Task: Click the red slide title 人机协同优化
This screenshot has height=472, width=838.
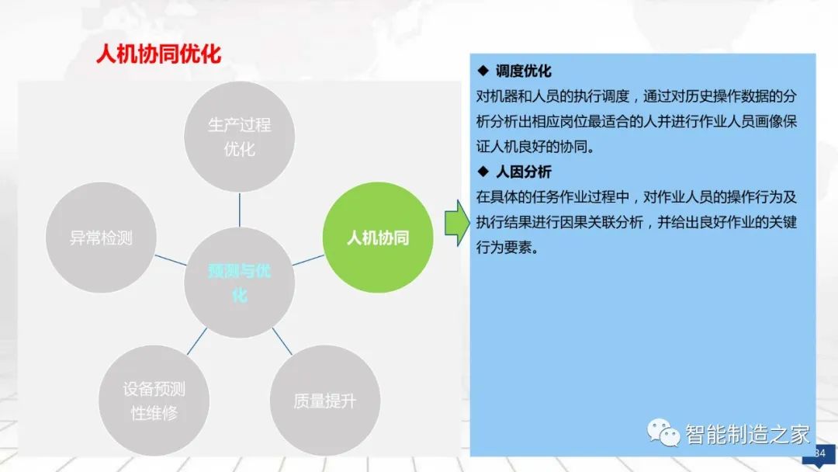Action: click(x=158, y=54)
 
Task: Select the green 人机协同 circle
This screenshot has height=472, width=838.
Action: click(x=377, y=238)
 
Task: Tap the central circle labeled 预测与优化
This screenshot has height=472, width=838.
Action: click(x=240, y=282)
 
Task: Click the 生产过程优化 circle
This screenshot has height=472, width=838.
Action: click(x=240, y=137)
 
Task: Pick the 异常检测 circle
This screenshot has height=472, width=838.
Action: click(x=102, y=238)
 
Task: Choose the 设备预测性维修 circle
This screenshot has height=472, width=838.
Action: click(x=154, y=401)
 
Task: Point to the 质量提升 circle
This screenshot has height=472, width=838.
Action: click(x=325, y=401)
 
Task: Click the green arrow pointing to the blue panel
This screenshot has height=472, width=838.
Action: click(x=457, y=223)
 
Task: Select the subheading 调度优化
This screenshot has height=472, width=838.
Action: click(x=524, y=71)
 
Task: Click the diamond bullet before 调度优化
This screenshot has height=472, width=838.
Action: click(x=483, y=71)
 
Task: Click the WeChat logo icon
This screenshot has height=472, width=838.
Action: click(x=664, y=432)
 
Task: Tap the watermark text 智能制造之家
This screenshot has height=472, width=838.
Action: click(x=747, y=434)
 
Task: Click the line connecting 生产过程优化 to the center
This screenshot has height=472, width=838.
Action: click(x=240, y=210)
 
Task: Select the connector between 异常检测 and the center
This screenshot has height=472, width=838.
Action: click(x=171, y=260)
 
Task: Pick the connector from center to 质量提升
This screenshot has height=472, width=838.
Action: click(x=282, y=341)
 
